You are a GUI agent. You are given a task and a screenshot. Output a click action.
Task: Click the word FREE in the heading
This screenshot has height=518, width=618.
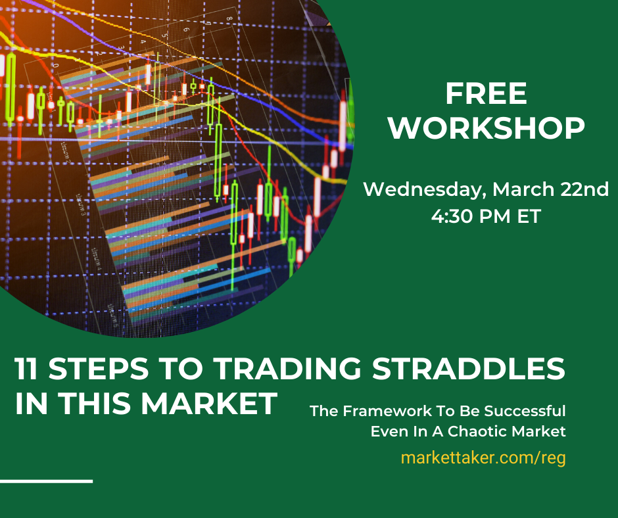(x=486, y=94)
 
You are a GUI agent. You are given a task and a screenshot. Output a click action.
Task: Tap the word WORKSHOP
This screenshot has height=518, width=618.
(x=486, y=129)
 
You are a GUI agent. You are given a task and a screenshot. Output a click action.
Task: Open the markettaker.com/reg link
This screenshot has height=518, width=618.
(x=483, y=458)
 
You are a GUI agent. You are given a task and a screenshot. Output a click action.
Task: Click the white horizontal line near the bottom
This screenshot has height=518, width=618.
(x=46, y=481)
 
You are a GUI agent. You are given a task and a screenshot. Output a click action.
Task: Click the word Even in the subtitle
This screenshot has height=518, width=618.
(x=387, y=432)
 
